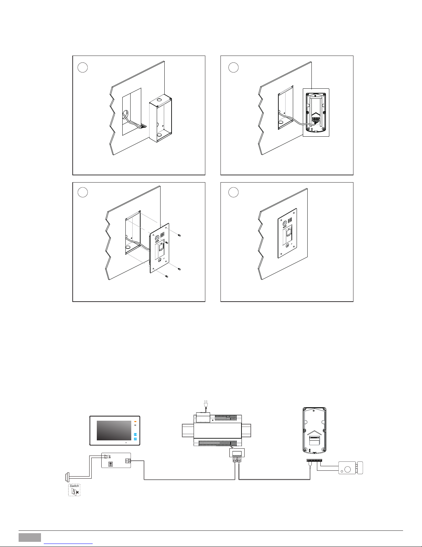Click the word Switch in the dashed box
pyautogui.click(x=74, y=486)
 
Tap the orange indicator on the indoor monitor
pyautogui.click(x=135, y=422)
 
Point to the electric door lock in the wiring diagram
pyautogui.click(x=350, y=468)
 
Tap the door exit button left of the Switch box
pyautogui.click(x=67, y=478)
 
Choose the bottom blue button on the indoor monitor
pyautogui.click(x=135, y=439)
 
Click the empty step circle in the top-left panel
pyautogui.click(x=83, y=68)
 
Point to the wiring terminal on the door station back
pyautogui.click(x=316, y=120)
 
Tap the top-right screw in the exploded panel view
pyautogui.click(x=179, y=235)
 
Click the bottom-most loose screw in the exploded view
pyautogui.click(x=167, y=276)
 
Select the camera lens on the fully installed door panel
pyautogui.click(x=284, y=223)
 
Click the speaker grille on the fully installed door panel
pyautogui.click(x=290, y=219)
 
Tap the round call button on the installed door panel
pyautogui.click(x=287, y=246)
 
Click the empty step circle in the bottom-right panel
pyautogui.click(x=234, y=192)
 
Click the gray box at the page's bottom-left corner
pyautogui.click(x=30, y=537)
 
